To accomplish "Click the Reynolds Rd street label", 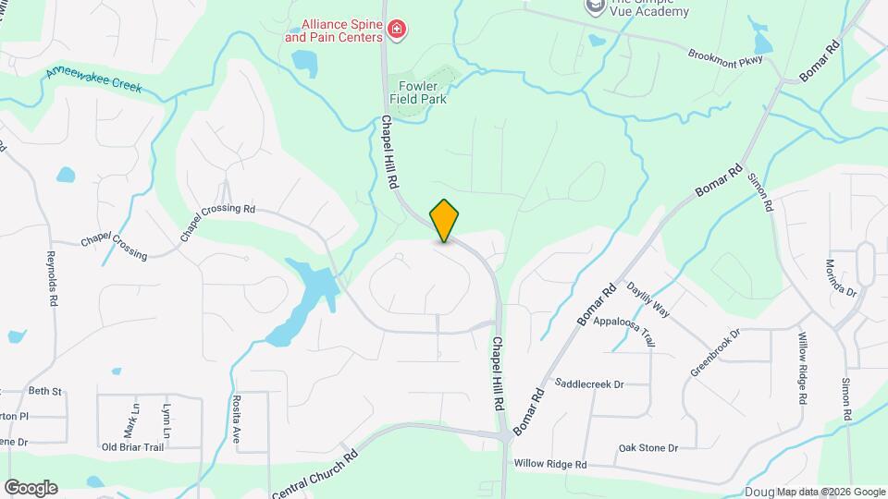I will pos(53,278).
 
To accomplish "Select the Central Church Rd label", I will pos(315,472).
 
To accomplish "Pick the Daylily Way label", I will pos(648,302).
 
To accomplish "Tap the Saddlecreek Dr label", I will pos(590,383).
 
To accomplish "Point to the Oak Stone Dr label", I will pos(648,448).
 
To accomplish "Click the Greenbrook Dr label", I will pos(715,353).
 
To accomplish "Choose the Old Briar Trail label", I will pos(132,447).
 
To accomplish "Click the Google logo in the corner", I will pos(31,488).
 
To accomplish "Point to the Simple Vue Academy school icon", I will pos(594,6).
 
